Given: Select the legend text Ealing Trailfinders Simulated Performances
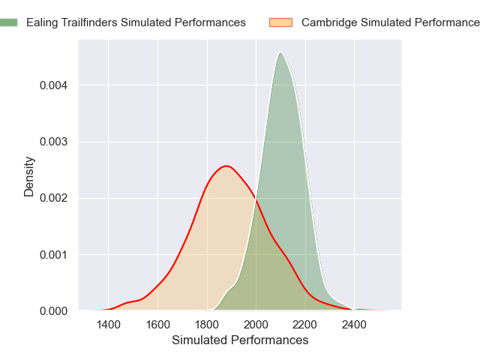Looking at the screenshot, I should (x=136, y=22).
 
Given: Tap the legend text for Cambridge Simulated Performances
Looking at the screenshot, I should (x=390, y=22).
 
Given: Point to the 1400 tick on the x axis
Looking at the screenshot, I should (x=108, y=325).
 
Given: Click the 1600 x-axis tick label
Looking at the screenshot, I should (x=157, y=325).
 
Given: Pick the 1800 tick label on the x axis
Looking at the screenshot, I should (x=207, y=325).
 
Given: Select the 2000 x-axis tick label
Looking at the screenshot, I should (x=256, y=325).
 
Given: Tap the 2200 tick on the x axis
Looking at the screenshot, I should (x=305, y=325).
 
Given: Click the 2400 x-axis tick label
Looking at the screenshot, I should (x=354, y=325).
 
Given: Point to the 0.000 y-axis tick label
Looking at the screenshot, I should (x=54, y=310).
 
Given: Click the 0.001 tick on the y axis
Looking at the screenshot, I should (x=54, y=254).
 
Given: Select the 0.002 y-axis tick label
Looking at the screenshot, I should (x=54, y=198).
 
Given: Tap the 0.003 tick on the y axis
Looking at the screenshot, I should (x=54, y=142).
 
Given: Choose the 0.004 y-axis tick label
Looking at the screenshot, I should (x=54, y=85).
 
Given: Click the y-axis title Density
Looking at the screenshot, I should (x=29, y=175).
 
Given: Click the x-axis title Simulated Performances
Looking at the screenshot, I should (x=240, y=340).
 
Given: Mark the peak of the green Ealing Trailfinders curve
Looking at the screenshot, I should (x=280, y=52).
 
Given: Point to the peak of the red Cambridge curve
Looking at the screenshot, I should (x=225, y=166).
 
